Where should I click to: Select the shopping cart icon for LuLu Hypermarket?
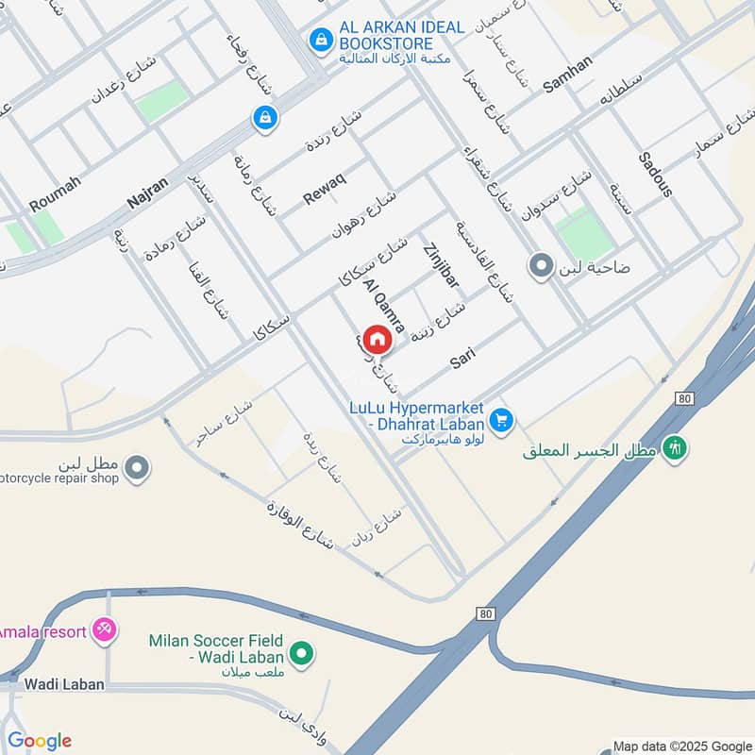501,419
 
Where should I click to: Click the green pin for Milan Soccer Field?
301,652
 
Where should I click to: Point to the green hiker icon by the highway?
674,447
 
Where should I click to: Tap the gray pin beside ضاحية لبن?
541,266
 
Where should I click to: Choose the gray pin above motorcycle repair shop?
137,466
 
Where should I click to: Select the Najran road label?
147,193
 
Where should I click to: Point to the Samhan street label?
568,74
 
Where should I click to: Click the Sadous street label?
655,174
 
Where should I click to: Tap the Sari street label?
461,357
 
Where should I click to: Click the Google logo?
39,741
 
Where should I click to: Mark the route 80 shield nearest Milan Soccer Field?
485,613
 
